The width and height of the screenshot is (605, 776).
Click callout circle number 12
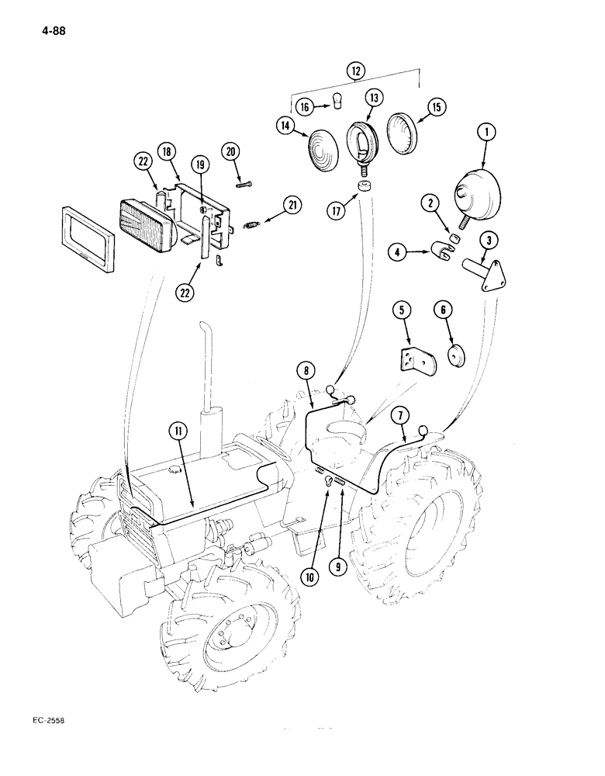tap(356, 71)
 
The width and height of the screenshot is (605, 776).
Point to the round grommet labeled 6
tap(455, 357)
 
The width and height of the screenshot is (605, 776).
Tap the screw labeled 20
tap(243, 184)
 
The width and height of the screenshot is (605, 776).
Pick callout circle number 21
tap(292, 206)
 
